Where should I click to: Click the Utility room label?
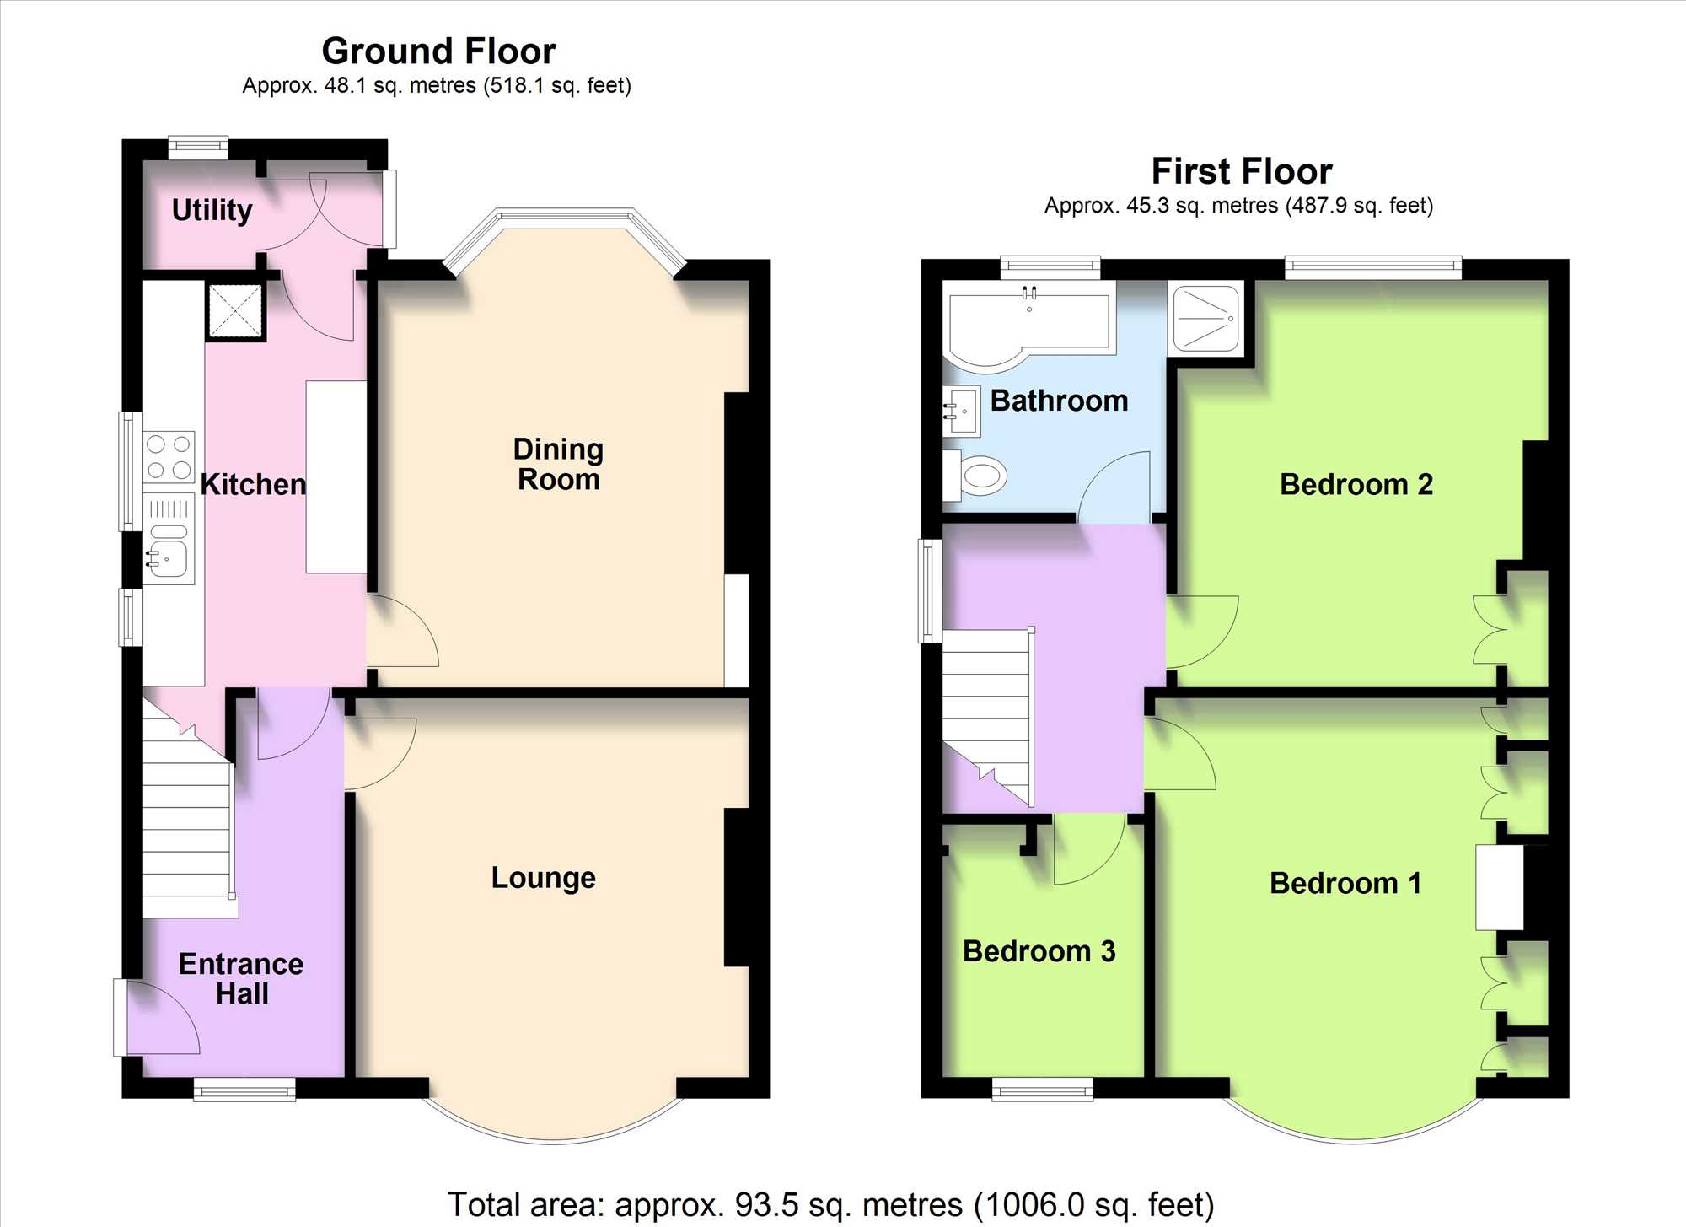[212, 210]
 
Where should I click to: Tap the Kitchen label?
[253, 484]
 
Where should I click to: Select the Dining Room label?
[558, 464]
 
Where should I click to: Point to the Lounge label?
[544, 878]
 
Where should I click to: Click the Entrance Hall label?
[241, 978]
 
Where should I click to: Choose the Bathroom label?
[1059, 401]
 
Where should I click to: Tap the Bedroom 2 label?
[1356, 484]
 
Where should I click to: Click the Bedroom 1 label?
[1345, 883]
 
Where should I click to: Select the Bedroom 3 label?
[1039, 951]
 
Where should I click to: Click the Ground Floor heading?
[438, 51]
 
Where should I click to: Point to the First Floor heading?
[1242, 171]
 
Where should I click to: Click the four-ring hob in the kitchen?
[169, 456]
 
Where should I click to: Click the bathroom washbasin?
[962, 411]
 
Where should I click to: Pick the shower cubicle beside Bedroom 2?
[1205, 319]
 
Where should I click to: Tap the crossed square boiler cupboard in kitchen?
[236, 311]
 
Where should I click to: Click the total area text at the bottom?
[830, 1204]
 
